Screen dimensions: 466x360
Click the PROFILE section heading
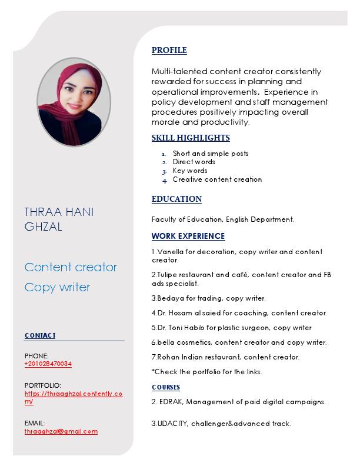(x=169, y=51)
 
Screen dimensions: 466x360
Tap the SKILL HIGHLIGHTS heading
(x=191, y=138)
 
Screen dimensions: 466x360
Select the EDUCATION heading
(x=176, y=199)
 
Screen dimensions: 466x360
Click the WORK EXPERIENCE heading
(x=188, y=237)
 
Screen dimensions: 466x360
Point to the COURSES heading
(x=166, y=387)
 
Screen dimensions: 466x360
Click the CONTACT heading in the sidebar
(x=40, y=335)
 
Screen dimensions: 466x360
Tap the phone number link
(x=48, y=364)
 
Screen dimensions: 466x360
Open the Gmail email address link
(x=61, y=431)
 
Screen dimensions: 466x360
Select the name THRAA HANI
(x=59, y=212)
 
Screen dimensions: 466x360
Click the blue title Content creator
(x=71, y=267)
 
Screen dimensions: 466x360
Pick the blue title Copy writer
(x=58, y=288)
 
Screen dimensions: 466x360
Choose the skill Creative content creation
(x=217, y=179)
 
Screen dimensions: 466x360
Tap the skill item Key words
(x=190, y=171)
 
